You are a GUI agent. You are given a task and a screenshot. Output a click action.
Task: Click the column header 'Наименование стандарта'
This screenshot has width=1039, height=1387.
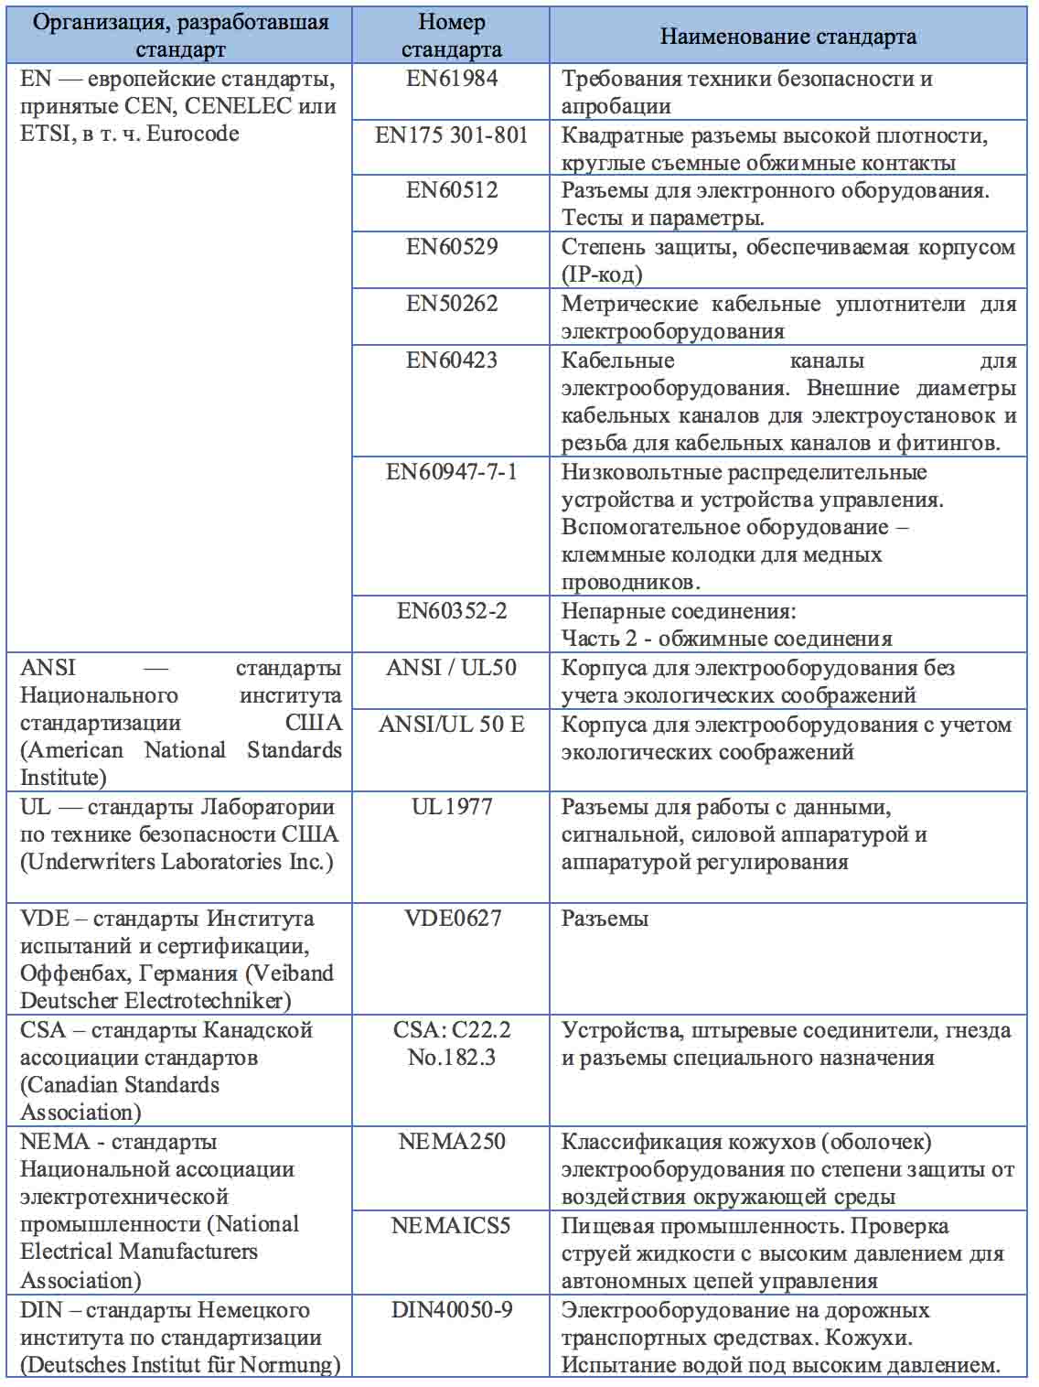click(787, 37)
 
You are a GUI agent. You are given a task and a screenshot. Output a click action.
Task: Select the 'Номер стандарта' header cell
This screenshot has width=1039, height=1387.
click(451, 36)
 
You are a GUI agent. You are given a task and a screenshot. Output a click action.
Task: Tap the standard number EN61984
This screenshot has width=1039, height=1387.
click(452, 79)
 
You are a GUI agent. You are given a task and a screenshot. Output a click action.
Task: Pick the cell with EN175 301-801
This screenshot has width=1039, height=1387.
click(452, 136)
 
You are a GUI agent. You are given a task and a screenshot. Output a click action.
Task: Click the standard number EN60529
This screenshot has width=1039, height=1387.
click(452, 247)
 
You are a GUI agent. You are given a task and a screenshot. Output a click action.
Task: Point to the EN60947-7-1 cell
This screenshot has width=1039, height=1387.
click(452, 472)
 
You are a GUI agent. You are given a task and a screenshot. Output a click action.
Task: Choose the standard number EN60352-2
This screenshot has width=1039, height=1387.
click(452, 611)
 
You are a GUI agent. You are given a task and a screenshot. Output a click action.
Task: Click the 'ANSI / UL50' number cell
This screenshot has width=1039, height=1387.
click(452, 668)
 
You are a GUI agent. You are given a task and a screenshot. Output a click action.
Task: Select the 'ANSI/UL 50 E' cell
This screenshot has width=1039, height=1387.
click(452, 725)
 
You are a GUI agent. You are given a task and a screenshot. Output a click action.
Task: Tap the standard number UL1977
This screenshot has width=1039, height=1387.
click(452, 807)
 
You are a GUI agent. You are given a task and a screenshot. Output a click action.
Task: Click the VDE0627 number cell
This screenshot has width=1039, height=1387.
click(452, 919)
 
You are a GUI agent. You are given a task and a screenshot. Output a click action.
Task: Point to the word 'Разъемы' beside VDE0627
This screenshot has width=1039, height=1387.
click(605, 919)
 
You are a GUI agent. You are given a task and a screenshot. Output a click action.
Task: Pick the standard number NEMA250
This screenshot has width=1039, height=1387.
click(452, 1142)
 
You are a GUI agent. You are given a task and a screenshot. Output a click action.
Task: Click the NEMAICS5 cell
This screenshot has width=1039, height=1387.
click(451, 1226)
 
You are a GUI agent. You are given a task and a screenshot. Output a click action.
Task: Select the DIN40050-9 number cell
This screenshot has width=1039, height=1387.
click(452, 1310)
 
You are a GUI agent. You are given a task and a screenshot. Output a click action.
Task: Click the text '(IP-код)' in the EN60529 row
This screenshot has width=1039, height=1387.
click(602, 274)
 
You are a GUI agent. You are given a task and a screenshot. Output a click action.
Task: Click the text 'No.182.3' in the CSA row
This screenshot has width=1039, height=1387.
click(452, 1058)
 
